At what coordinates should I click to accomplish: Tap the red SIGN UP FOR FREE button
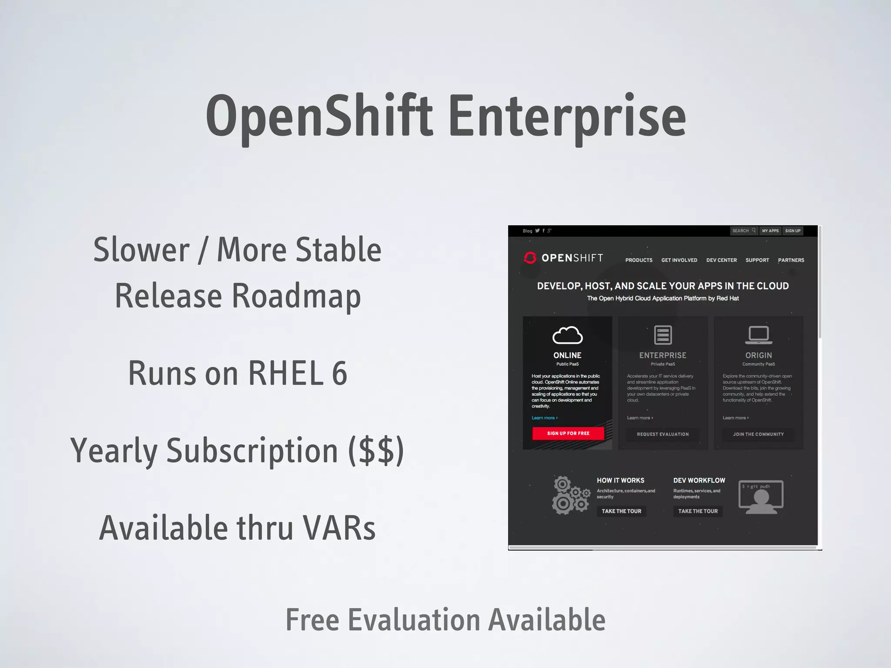568,433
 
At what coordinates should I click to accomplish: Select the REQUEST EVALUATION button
663,434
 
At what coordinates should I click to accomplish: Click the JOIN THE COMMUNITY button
758,434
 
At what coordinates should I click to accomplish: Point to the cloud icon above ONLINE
567,335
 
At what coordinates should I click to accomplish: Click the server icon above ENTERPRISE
663,335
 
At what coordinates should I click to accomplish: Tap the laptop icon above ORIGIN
758,335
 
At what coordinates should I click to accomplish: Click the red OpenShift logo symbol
530,258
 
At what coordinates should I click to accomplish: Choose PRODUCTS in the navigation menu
639,260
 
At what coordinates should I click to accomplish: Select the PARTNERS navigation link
791,260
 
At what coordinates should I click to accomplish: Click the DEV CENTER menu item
721,260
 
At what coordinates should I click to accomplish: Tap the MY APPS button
770,231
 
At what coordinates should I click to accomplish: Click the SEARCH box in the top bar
744,231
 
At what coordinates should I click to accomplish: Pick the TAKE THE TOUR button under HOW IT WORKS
621,511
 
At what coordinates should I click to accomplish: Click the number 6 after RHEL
339,373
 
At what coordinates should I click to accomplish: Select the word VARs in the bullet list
339,528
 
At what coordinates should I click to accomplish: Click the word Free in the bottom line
312,620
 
